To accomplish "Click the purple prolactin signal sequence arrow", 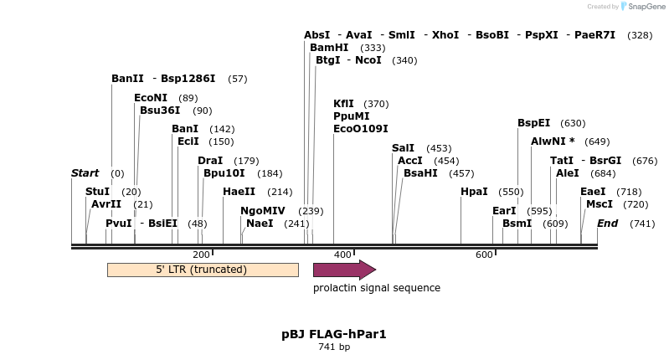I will coord(343,270).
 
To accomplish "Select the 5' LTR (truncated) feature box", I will coord(203,270).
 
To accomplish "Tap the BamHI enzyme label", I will coord(329,48).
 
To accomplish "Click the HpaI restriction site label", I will coord(474,192).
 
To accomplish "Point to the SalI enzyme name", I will coord(403,148).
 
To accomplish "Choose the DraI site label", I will coord(210,161).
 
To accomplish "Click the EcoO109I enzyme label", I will coord(361,129).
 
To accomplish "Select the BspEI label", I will coord(533,123).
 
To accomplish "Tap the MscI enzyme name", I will coord(600,204).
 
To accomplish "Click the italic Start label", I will coord(85,173).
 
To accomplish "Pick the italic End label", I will coord(607,224).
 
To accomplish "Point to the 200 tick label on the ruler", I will coord(201,255).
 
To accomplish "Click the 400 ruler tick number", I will coord(342,255).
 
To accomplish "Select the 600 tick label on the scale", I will coord(484,255).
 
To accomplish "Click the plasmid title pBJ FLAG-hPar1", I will coord(334,334).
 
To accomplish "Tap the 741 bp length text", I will coord(334,347).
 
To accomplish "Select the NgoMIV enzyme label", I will coord(263,211).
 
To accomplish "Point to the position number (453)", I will coord(439,148).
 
